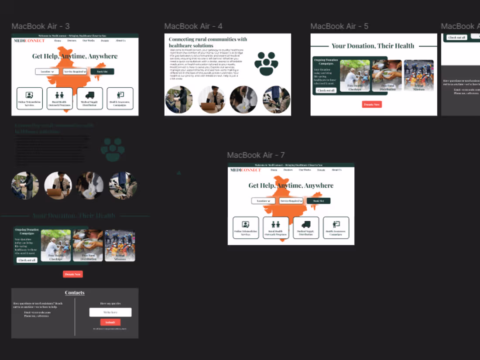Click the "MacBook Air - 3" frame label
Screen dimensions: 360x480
(41, 26)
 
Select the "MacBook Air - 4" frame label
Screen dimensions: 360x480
(193, 26)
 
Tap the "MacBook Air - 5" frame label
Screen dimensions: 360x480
(339, 26)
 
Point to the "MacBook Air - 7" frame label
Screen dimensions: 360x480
(256, 155)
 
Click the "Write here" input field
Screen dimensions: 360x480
(110, 312)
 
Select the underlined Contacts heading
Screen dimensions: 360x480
(75, 293)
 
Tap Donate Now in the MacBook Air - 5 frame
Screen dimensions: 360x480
(372, 105)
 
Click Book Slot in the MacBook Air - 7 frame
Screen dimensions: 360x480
(319, 201)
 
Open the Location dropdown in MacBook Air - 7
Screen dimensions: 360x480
(263, 201)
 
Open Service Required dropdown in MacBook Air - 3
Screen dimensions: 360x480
(75, 72)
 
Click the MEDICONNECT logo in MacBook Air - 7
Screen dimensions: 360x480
(246, 170)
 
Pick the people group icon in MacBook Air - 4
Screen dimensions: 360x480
(266, 63)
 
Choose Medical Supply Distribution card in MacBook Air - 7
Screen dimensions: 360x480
(306, 227)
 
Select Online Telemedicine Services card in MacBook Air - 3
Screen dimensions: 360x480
(30, 98)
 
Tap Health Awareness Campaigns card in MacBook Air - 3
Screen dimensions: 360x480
(120, 98)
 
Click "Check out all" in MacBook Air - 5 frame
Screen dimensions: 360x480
(326, 90)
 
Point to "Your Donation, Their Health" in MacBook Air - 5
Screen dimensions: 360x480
(373, 46)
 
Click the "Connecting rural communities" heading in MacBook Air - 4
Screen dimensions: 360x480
(208, 42)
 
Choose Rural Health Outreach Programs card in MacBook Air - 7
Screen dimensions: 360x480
(276, 227)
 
